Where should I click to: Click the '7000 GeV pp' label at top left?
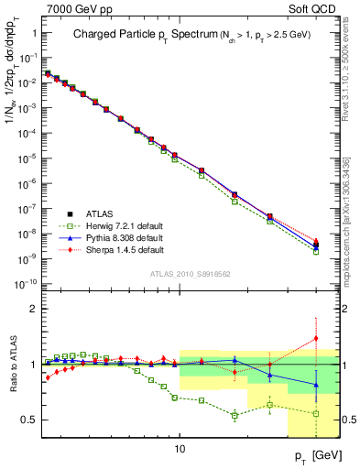73,8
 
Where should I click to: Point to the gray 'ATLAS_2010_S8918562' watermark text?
190,273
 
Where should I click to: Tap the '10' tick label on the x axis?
180,449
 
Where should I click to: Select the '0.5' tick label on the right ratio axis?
349,420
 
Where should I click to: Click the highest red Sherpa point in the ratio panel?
316,338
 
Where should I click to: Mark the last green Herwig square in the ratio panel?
316,413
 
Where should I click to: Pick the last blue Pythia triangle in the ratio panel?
316,385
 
